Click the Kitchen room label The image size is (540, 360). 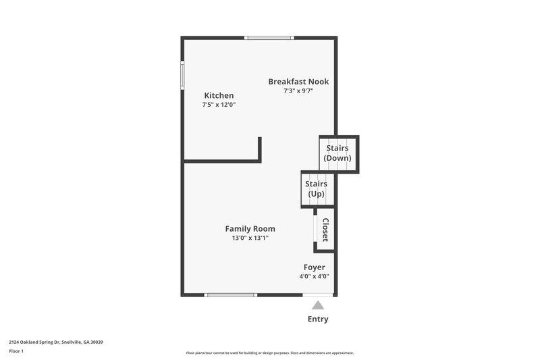tap(219, 95)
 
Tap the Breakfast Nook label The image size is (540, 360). tap(298, 81)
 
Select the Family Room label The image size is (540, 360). tap(250, 228)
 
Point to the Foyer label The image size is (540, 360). tap(314, 267)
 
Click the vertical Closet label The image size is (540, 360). tap(325, 230)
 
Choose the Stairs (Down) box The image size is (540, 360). tap(337, 153)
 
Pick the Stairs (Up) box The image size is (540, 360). tap(316, 189)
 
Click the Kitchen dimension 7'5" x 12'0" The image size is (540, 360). tap(219, 105)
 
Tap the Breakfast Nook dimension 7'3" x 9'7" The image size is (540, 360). tap(298, 91)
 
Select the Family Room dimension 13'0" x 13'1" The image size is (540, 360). tap(250, 238)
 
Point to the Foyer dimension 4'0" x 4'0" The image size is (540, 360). tap(314, 276)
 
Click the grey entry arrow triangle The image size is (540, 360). tap(318, 305)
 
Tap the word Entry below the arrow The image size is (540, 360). tap(318, 319)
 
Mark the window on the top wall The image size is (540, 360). tap(269, 37)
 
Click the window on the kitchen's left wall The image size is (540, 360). tap(182, 74)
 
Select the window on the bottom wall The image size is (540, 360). tap(231, 294)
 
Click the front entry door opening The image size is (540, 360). tap(318, 294)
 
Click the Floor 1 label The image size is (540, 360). tap(16, 351)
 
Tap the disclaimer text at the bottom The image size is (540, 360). tap(269, 353)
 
